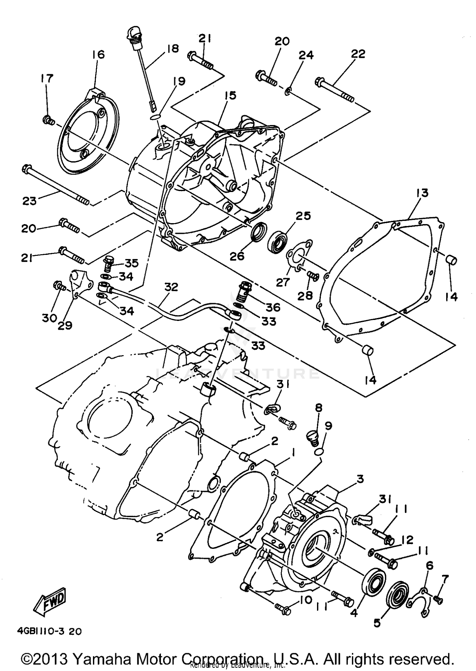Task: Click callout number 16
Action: click(98, 55)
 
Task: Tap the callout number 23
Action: click(30, 201)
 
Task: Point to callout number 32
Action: click(171, 287)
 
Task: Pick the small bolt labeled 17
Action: click(48, 120)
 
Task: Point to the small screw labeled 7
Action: click(439, 599)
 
